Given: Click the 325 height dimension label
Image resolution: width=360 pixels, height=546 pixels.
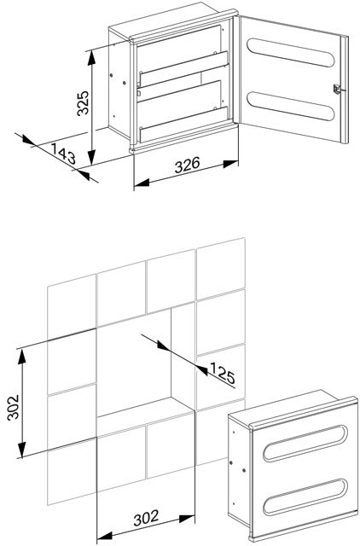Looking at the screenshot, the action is [x=84, y=103].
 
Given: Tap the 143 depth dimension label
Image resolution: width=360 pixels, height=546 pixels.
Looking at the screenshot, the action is [x=63, y=154].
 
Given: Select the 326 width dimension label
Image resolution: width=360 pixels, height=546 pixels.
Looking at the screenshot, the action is [x=188, y=165].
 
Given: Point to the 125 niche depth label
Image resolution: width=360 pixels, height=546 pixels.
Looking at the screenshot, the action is [x=223, y=373].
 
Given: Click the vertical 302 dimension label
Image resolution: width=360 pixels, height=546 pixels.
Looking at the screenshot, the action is [x=14, y=408].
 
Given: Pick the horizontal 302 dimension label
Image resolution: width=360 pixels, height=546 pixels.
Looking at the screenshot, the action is [x=146, y=519].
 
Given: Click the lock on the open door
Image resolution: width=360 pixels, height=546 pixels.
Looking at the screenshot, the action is [x=337, y=89].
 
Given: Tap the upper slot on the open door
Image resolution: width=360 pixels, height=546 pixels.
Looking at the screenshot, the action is [x=291, y=52].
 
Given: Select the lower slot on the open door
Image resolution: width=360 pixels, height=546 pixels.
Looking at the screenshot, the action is [x=291, y=106].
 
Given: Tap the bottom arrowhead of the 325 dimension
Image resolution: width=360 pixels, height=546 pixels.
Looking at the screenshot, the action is [x=91, y=158].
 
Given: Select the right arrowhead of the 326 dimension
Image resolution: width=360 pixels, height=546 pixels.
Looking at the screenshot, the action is [x=231, y=164].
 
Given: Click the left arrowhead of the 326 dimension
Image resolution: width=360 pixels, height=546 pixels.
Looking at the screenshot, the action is [x=142, y=183].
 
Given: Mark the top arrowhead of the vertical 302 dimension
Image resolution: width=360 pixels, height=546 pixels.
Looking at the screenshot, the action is [x=22, y=357].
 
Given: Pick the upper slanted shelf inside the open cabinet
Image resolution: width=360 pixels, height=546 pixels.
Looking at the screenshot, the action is [x=183, y=70].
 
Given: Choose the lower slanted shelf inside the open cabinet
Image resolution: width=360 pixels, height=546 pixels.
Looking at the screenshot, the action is [x=183, y=125].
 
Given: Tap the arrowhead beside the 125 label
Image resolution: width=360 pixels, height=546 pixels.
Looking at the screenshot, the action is [x=202, y=370].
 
